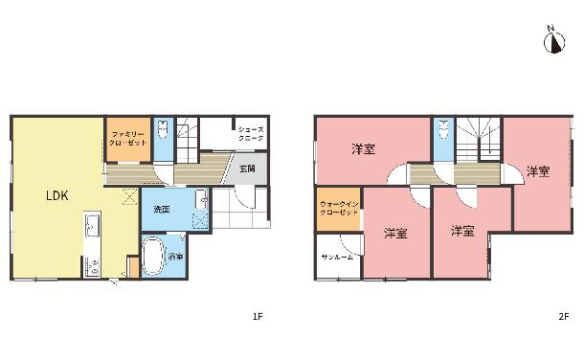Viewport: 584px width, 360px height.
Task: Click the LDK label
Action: (x=57, y=195)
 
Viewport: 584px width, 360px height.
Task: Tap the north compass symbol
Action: (x=554, y=41)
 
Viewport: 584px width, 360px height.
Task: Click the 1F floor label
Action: (x=258, y=317)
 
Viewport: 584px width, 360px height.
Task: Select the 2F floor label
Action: (x=564, y=317)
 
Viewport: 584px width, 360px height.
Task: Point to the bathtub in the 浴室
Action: (x=153, y=257)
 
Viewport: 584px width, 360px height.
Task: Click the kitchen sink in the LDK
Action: (x=92, y=225)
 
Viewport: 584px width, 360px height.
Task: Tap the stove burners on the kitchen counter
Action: (x=92, y=266)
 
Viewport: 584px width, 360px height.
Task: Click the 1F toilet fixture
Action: (x=163, y=129)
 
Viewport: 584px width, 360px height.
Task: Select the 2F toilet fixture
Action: (x=443, y=129)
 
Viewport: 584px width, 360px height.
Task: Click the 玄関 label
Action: (x=247, y=169)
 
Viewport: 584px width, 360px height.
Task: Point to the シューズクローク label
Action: (x=251, y=134)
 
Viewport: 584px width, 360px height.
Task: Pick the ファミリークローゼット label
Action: (x=127, y=138)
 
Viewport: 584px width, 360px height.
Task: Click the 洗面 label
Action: (x=162, y=210)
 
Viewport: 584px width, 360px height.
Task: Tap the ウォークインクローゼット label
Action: (x=339, y=208)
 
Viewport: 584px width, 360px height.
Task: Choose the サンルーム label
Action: (x=337, y=257)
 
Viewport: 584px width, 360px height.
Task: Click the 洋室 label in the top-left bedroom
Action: (x=364, y=149)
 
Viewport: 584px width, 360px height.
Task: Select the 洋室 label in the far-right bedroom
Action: (x=538, y=171)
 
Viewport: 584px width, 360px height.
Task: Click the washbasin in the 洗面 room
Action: (x=201, y=200)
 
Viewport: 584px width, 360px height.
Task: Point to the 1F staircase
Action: (x=187, y=140)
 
